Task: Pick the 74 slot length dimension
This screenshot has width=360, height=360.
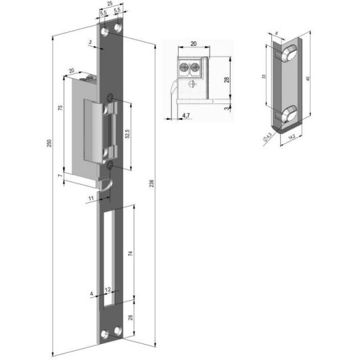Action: point(131,253)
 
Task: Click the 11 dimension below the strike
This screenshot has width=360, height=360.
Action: point(91,199)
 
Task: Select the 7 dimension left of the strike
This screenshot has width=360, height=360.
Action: point(59,175)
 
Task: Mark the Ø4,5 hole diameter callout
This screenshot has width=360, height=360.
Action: point(267,138)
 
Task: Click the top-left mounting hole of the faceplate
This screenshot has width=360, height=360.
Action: point(105,31)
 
